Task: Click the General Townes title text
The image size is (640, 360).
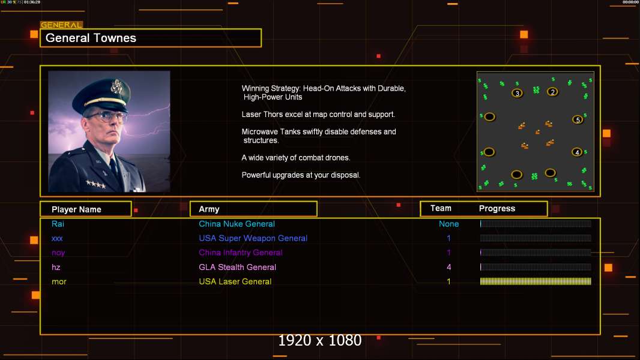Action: [91, 38]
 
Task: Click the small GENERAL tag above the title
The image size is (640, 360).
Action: [61, 25]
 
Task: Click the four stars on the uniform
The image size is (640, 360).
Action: [96, 184]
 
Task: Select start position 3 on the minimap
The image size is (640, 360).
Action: [517, 94]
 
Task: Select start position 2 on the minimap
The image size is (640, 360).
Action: [552, 92]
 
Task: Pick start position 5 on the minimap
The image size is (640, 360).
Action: [578, 120]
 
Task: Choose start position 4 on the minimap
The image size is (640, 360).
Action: [577, 152]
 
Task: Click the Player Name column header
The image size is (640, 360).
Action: [76, 209]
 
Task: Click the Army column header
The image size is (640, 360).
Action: [209, 209]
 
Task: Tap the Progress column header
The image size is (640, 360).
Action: [497, 209]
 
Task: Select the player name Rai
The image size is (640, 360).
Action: [58, 224]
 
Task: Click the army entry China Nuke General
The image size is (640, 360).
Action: [237, 224]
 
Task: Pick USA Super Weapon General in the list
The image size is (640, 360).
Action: [253, 238]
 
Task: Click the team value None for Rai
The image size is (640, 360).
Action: [448, 224]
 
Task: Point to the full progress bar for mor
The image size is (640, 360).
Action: [536, 281]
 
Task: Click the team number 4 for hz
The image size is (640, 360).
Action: [449, 267]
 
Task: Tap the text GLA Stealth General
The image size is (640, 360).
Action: [237, 267]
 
